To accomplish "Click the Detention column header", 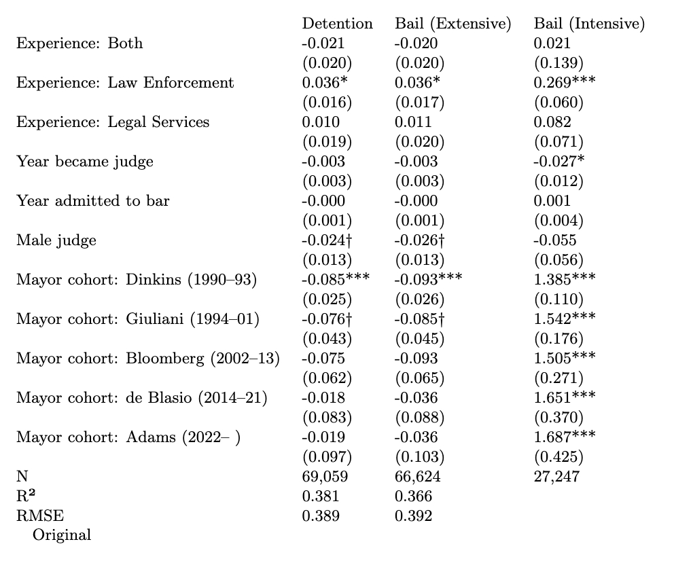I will coord(337,24).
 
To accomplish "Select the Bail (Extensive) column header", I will coord(453,24).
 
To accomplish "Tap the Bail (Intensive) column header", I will coord(589,24).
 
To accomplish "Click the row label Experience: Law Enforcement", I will coord(125,83).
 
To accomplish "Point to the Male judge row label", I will coord(56,240).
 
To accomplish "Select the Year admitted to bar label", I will coord(93,200).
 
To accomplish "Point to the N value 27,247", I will coord(557,476).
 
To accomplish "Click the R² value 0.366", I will coord(413,496).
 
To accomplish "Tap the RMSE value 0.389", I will coord(321,515).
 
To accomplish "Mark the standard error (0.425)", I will coord(558,456).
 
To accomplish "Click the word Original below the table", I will coord(62,534).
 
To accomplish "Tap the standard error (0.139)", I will coord(558,63).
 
